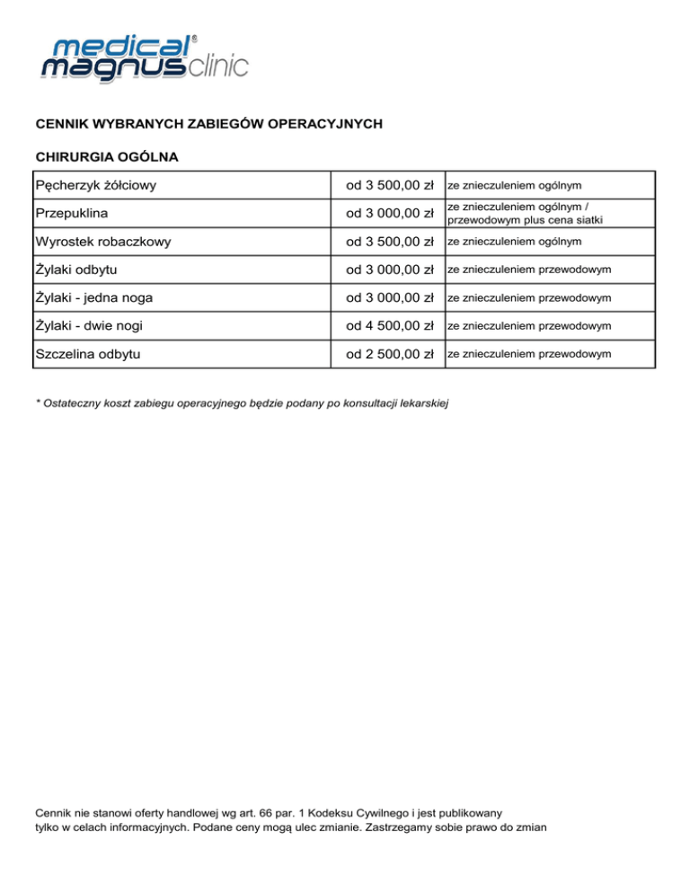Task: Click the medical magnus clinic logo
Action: coord(142,59)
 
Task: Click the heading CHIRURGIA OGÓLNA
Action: coord(106,157)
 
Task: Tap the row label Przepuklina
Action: coord(71,214)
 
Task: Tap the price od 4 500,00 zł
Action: coord(391,325)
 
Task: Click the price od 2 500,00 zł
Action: coord(391,353)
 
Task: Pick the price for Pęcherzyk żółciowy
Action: coord(391,186)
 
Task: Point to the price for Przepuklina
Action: coord(391,214)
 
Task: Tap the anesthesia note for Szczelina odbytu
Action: coord(529,353)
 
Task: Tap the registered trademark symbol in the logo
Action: coord(195,39)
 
